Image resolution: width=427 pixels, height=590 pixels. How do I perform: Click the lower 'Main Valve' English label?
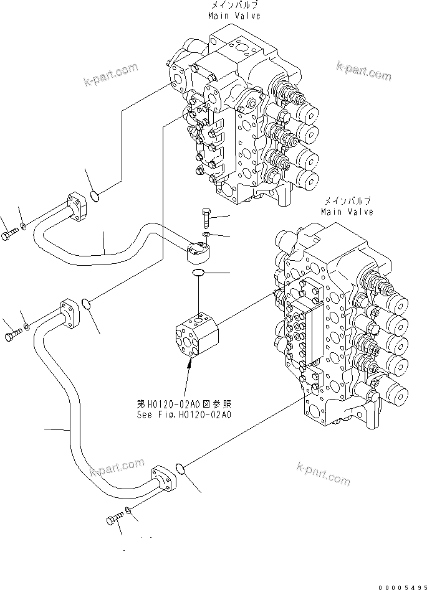[347, 212]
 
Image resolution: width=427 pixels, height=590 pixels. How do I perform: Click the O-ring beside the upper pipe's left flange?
[94, 197]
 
